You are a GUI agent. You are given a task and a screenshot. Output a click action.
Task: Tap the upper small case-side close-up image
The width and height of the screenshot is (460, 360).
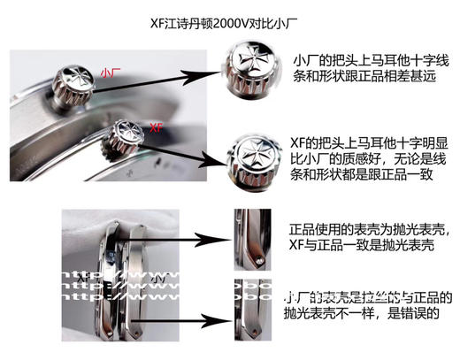[242, 236]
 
